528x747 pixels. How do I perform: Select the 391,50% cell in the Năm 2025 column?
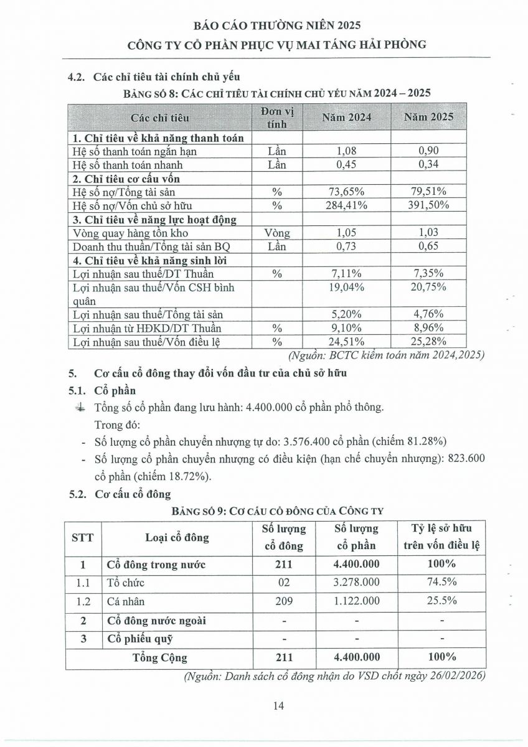[x=428, y=205]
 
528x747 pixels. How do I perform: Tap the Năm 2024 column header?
[x=348, y=117]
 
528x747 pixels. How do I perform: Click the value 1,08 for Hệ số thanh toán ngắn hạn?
[x=348, y=151]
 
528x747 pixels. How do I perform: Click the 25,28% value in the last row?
[x=428, y=341]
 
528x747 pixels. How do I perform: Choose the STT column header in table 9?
[x=83, y=537]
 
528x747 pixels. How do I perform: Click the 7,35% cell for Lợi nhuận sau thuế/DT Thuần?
[x=428, y=273]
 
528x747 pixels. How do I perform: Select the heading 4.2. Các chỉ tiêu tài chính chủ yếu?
[x=154, y=78]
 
